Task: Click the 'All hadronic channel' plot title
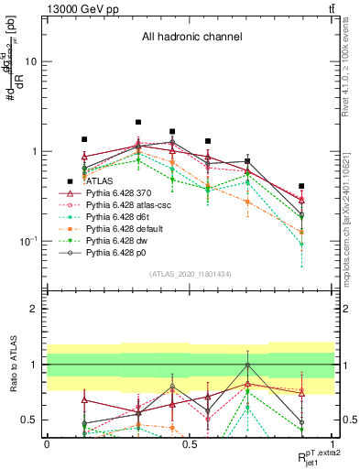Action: click(x=191, y=38)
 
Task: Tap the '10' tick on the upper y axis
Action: click(x=29, y=62)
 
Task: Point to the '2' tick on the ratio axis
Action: click(x=33, y=309)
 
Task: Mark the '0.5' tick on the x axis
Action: click(x=190, y=443)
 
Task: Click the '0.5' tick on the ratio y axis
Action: click(x=29, y=420)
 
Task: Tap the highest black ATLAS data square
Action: click(x=138, y=122)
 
